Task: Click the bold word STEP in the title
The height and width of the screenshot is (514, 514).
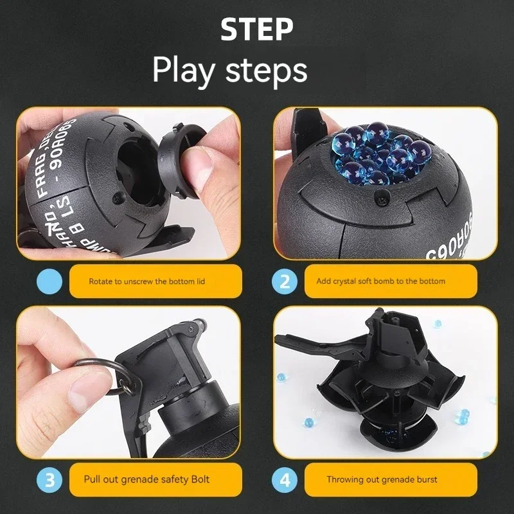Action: tap(257, 30)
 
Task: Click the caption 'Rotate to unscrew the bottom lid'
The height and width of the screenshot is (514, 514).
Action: tap(147, 281)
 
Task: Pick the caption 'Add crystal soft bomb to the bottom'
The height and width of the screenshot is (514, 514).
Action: tap(380, 281)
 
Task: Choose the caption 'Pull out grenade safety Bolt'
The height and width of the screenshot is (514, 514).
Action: tap(146, 479)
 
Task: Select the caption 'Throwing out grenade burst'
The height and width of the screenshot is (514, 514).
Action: tap(382, 479)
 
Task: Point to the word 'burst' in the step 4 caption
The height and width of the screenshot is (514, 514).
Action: tap(427, 479)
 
